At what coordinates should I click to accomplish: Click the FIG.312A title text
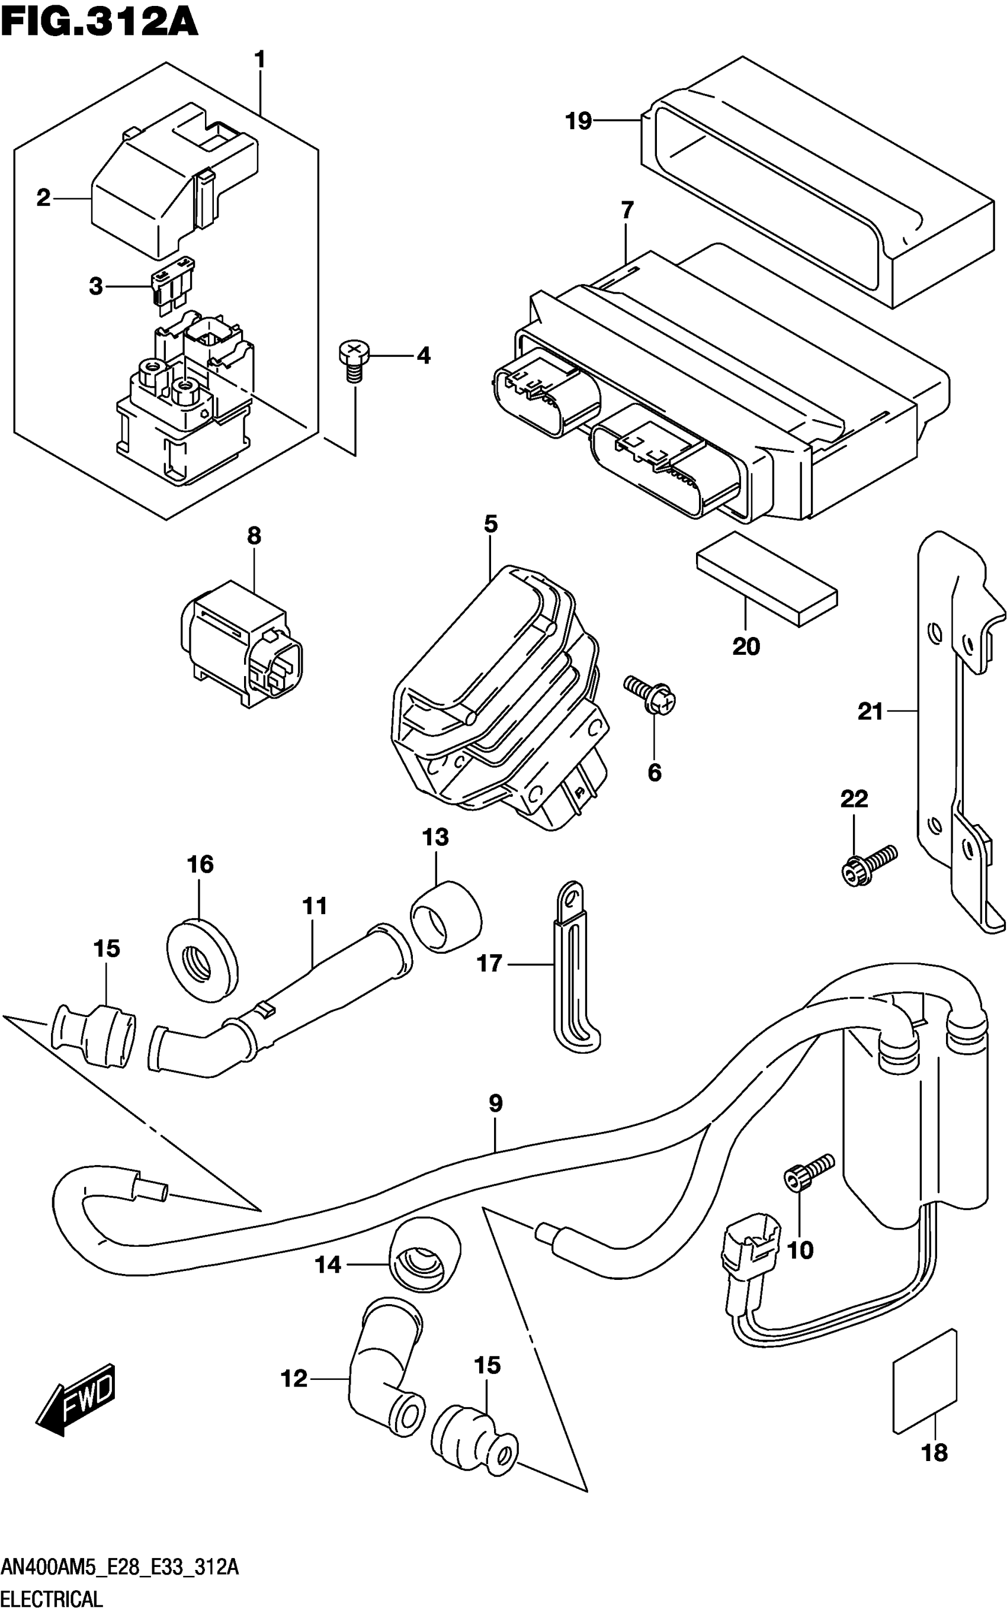(x=100, y=22)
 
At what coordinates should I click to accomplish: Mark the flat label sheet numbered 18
(x=925, y=1381)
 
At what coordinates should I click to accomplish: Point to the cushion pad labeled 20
(x=766, y=578)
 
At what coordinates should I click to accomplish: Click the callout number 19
(x=578, y=121)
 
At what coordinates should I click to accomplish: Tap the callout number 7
(x=627, y=211)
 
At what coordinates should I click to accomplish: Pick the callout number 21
(x=870, y=712)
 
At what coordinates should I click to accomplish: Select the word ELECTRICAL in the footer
(x=52, y=1598)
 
